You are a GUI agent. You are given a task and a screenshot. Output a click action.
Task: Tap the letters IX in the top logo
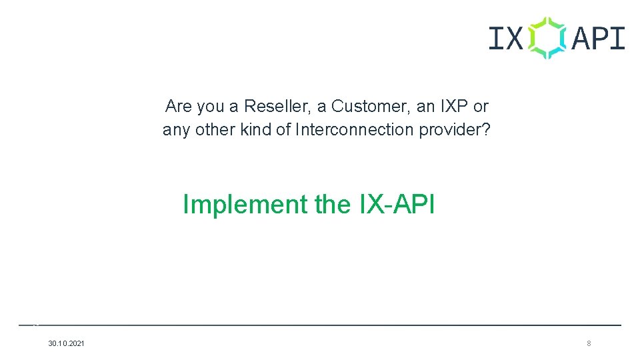pos(506,39)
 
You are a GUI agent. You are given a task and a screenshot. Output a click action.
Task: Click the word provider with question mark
pos(455,129)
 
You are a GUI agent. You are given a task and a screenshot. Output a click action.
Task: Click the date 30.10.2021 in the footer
pos(67,343)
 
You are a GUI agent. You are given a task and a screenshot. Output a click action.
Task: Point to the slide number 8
pos(589,343)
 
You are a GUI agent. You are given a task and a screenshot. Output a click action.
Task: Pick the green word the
pos(332,204)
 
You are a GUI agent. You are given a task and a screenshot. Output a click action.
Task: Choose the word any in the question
pos(176,129)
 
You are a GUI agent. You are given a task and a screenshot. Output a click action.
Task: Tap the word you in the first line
pos(211,106)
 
